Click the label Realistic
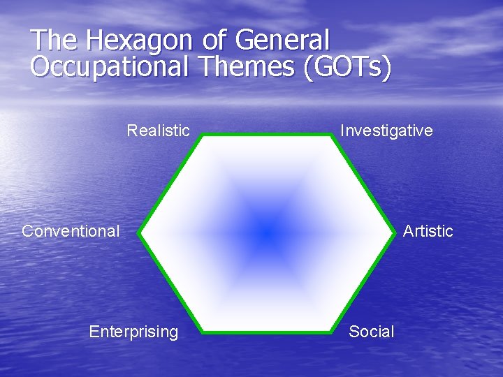[158, 131]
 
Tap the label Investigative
[386, 131]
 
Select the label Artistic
[428, 231]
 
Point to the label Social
[371, 332]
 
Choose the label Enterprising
[133, 332]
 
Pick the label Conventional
[71, 231]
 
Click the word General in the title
[282, 40]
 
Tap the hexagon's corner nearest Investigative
[332, 135]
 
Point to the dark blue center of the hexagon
[266, 232]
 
